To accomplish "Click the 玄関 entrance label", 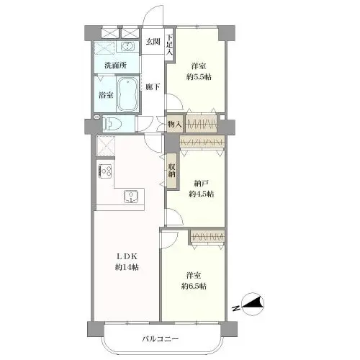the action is coord(153,42).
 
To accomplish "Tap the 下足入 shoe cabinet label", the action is coord(170,45).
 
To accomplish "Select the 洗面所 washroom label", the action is coord(115,66).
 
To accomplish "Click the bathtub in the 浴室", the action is coord(127,94).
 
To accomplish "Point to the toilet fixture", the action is coord(112,124).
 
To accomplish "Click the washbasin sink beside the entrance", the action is coord(127,46).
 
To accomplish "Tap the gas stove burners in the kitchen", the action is coord(106,171).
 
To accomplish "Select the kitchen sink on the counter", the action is coord(131,197).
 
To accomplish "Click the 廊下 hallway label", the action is coord(153,87).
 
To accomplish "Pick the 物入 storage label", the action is coord(175,125).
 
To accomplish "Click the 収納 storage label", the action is coord(172,171).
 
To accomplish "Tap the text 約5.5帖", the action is coord(199,77).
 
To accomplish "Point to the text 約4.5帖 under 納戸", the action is coord(201,194).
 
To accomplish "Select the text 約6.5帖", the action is coord(194,286).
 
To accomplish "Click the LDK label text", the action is coord(127,256).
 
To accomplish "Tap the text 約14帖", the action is coord(127,267).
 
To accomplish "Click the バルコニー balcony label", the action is coord(161,339).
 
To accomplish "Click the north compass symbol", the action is coord(253,304).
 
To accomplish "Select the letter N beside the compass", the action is coord(237,308).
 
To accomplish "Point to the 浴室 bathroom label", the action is coord(106,95).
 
